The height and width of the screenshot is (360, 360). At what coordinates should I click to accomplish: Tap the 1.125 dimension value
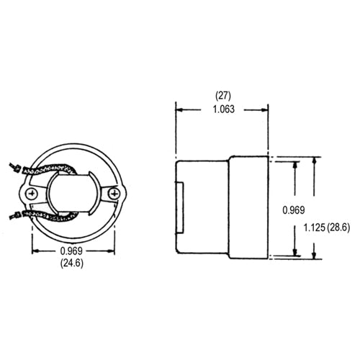311,228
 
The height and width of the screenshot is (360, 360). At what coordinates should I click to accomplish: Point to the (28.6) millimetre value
337,228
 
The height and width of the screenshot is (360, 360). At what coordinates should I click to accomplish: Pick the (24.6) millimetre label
74,264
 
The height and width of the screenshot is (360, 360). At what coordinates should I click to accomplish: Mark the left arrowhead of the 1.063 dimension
180,109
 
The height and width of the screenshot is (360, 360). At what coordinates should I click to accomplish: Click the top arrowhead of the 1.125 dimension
314,160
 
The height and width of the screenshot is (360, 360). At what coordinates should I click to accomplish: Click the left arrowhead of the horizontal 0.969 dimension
35,252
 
